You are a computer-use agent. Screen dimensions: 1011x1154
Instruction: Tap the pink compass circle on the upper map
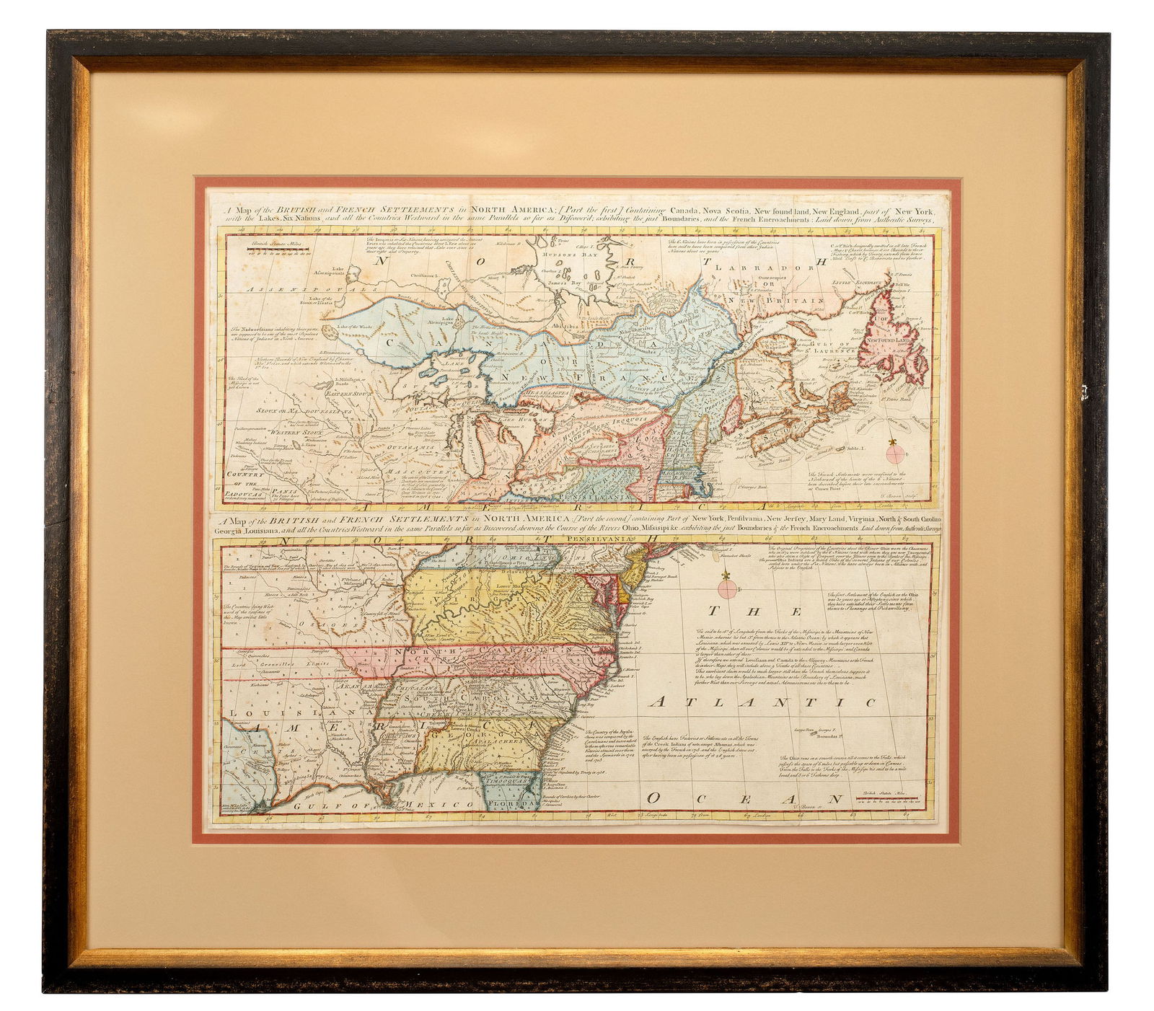[896, 454]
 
